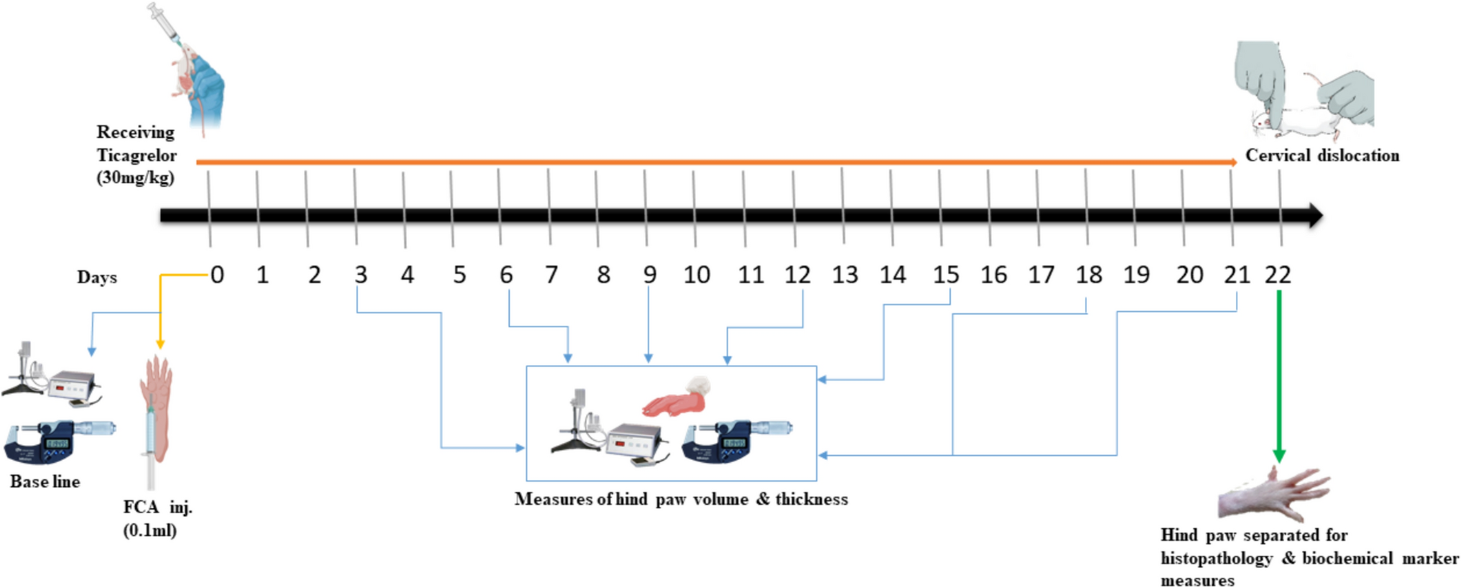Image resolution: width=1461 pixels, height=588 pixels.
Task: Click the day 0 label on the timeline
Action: [217, 275]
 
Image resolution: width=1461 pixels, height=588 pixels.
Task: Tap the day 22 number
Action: [1278, 275]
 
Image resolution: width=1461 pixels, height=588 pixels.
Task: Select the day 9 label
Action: [649, 275]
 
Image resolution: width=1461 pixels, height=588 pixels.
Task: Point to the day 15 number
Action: [945, 275]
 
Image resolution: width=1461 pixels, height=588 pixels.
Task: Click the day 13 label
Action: [845, 275]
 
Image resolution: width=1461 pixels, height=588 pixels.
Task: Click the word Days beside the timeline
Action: [97, 277]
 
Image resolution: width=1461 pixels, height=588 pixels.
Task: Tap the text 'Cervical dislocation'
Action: [1322, 155]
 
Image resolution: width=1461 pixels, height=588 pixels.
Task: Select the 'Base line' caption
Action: [45, 482]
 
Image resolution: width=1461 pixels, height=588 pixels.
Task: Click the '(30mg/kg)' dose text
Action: [135, 178]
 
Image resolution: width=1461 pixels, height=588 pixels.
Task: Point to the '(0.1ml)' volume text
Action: [150, 530]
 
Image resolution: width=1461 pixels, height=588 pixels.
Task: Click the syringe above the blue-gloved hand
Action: [165, 22]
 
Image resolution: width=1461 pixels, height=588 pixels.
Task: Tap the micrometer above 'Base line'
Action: [58, 440]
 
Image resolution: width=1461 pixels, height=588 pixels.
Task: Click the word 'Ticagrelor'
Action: [137, 155]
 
